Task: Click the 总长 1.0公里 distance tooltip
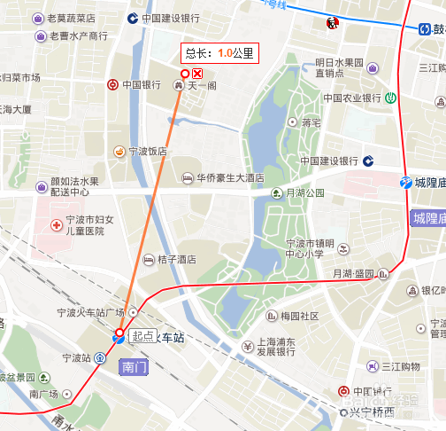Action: coord(218,53)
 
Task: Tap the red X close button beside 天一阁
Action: coord(198,74)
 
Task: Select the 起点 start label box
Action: coord(142,336)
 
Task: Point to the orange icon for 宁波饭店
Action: coord(119,152)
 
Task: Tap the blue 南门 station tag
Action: coord(135,366)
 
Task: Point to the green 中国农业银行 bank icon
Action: coord(390,98)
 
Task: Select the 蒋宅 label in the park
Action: coord(310,122)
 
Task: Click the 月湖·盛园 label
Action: coord(354,275)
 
